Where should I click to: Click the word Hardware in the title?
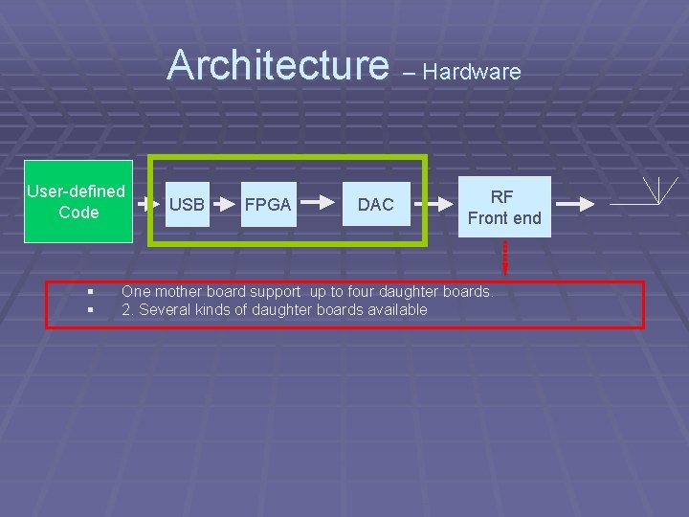click(472, 72)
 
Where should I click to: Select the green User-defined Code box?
click(78, 202)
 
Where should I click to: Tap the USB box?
click(187, 204)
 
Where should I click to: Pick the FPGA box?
click(268, 204)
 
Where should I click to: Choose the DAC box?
click(376, 204)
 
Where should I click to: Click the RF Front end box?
click(504, 207)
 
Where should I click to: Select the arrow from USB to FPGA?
click(223, 204)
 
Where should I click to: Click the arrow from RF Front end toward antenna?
click(575, 204)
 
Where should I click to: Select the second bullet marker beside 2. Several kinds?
click(88, 310)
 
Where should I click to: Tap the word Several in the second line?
click(164, 309)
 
